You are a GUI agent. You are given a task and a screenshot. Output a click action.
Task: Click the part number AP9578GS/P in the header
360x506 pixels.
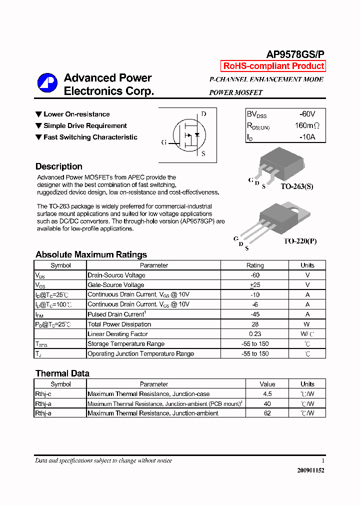tap(295, 54)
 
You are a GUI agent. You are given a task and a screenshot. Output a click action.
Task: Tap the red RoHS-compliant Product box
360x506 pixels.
tap(273, 66)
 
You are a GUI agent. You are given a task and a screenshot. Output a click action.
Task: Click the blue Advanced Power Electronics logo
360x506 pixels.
tap(47, 83)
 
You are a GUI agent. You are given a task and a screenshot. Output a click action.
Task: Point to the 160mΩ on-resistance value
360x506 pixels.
tap(306, 125)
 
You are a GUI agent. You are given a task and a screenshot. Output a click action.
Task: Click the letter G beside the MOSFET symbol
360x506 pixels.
tap(163, 142)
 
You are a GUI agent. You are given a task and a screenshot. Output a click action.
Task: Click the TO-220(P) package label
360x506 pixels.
tap(300, 241)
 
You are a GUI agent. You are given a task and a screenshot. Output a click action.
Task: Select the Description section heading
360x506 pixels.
tap(59, 166)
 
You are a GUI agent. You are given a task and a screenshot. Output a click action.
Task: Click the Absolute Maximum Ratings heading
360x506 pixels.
tap(91, 254)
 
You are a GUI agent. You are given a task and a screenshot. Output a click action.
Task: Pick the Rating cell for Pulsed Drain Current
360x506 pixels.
tap(255, 314)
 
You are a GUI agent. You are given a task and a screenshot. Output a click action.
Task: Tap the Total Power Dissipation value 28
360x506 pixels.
tap(255, 324)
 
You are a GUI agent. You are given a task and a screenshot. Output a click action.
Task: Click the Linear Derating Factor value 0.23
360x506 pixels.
tap(255, 334)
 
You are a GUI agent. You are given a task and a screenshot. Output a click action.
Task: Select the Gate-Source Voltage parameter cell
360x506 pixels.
tap(116, 285)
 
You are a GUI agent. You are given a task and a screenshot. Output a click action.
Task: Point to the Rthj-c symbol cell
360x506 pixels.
tap(43, 394)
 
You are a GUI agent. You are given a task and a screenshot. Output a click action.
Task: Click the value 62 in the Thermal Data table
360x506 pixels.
tap(267, 413)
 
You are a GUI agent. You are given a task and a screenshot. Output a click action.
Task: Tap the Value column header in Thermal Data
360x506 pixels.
tap(267, 384)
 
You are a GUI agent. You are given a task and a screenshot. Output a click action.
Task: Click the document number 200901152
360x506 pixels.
tap(310, 470)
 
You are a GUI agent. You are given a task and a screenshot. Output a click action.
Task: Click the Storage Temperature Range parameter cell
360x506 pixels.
tap(126, 343)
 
